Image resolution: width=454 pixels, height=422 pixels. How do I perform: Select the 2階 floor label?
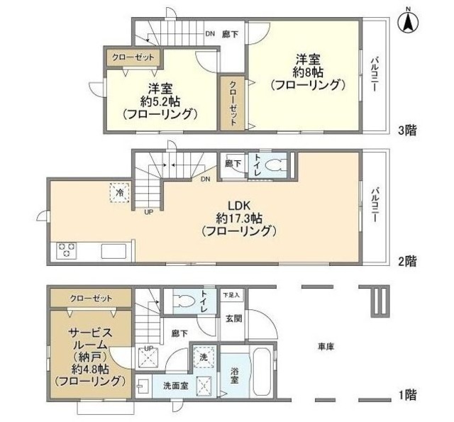[x=407, y=261]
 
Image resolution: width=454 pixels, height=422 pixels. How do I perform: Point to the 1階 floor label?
[x=407, y=394]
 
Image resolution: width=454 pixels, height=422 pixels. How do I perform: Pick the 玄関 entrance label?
[x=233, y=319]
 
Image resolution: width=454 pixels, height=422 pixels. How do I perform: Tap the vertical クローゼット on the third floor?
[x=233, y=101]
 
